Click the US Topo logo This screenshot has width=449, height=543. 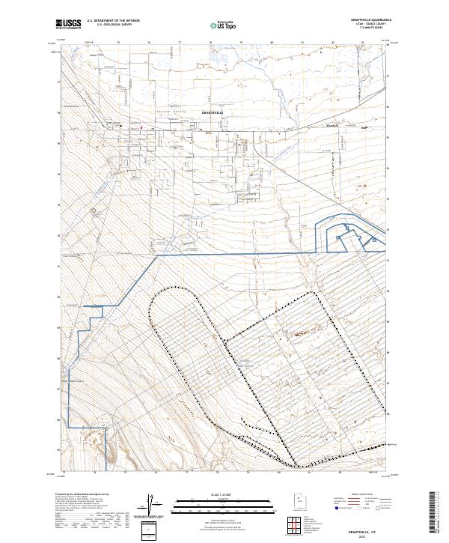coord(223,25)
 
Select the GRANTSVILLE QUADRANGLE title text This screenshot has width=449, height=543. coord(369,19)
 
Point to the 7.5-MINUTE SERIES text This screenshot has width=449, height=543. coord(369,29)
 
